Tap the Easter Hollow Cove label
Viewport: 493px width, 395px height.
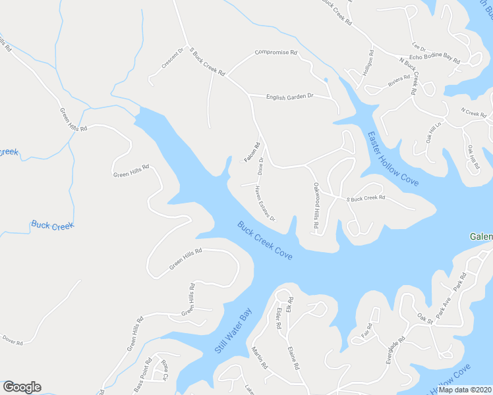pos(392,161)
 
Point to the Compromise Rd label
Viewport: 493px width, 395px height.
pos(276,52)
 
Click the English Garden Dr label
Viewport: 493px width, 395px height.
pos(289,97)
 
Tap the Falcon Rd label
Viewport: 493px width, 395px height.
pos(252,152)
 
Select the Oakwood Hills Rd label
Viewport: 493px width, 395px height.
pos(316,205)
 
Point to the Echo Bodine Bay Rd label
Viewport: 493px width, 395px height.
pos(434,59)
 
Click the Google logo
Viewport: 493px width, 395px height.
pos(22,387)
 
